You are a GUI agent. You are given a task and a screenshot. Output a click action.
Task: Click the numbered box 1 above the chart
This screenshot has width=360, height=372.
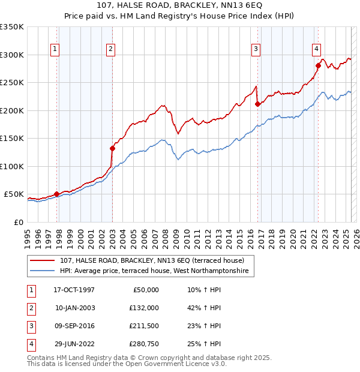click(x=55, y=49)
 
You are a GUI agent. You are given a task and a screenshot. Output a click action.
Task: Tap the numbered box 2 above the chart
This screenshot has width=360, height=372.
click(x=111, y=49)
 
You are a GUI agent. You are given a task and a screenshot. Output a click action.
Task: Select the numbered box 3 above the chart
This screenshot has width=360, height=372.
click(x=256, y=49)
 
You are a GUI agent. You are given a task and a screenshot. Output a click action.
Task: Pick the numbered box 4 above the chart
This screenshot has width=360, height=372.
click(x=316, y=49)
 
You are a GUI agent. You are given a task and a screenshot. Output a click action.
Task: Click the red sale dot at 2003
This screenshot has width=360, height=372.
click(x=112, y=148)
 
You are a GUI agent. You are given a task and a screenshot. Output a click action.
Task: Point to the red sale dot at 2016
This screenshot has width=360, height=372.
click(x=257, y=104)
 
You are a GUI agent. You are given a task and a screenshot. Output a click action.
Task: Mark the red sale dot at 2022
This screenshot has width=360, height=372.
click(x=319, y=65)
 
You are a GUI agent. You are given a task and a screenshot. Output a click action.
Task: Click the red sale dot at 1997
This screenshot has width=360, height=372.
click(x=57, y=194)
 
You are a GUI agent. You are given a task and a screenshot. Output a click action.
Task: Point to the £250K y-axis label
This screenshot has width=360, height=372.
click(x=12, y=82)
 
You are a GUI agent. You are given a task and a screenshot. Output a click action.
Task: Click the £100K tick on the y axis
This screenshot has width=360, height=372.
click(x=12, y=166)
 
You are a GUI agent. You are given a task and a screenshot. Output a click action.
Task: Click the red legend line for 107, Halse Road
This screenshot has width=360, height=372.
click(x=44, y=261)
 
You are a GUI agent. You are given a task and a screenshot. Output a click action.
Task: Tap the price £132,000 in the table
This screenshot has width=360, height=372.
click(x=143, y=308)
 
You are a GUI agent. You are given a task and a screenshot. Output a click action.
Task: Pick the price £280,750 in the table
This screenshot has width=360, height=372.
click(x=143, y=344)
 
